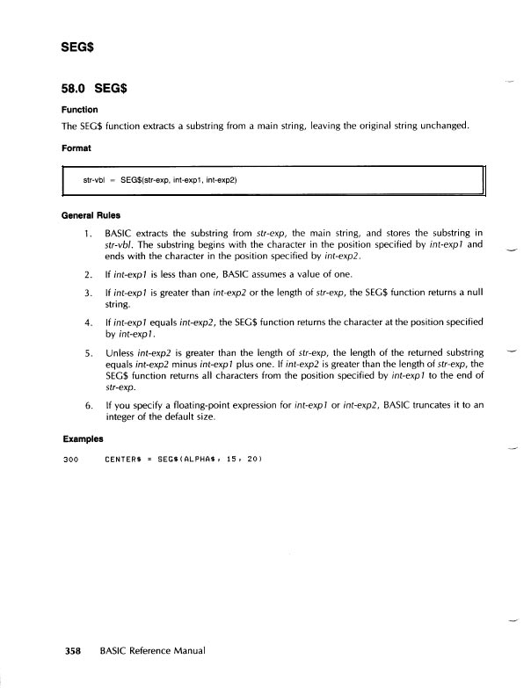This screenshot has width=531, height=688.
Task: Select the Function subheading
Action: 78,110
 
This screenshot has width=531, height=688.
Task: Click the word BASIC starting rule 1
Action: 118,233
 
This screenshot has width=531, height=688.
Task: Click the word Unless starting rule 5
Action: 120,352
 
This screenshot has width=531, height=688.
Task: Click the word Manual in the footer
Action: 185,651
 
